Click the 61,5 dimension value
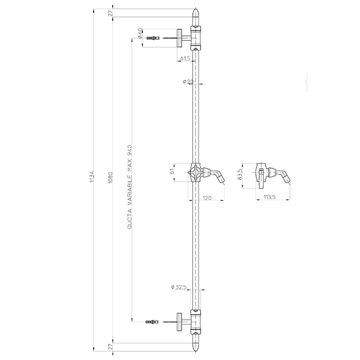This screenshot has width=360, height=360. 186,59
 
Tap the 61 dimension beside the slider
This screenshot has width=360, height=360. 172,171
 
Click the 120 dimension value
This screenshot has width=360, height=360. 208,197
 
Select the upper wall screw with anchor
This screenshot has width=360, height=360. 154,38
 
